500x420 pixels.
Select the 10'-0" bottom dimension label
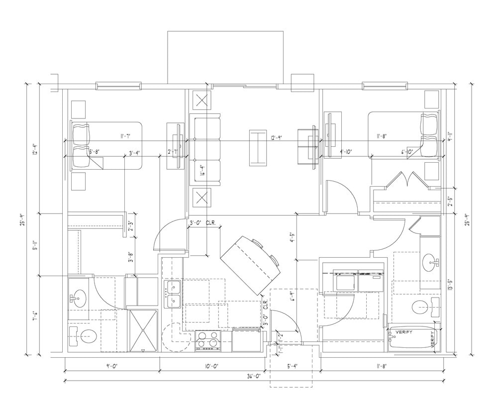tap(211, 366)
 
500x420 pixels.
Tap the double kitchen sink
tap(173, 294)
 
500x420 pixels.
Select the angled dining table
tap(252, 264)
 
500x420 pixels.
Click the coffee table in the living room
tap(258, 147)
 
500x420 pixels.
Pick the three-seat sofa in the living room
tap(204, 149)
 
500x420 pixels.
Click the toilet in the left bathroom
tap(82, 337)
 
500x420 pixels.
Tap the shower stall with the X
tap(143, 330)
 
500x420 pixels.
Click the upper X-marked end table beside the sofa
tap(202, 100)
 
